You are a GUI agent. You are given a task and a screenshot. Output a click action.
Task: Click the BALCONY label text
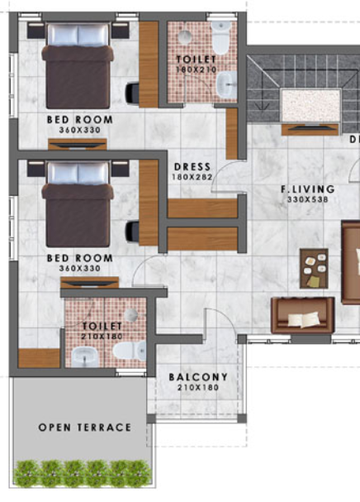click(x=197, y=377)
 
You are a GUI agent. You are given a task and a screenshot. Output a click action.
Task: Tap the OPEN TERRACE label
click(x=85, y=427)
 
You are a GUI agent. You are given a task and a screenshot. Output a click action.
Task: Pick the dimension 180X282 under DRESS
click(x=191, y=177)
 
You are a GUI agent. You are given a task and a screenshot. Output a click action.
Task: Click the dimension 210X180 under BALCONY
click(x=197, y=388)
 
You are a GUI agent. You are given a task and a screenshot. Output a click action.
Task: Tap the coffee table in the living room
click(x=314, y=269)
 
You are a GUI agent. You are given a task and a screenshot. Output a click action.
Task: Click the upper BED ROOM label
click(x=79, y=119)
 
